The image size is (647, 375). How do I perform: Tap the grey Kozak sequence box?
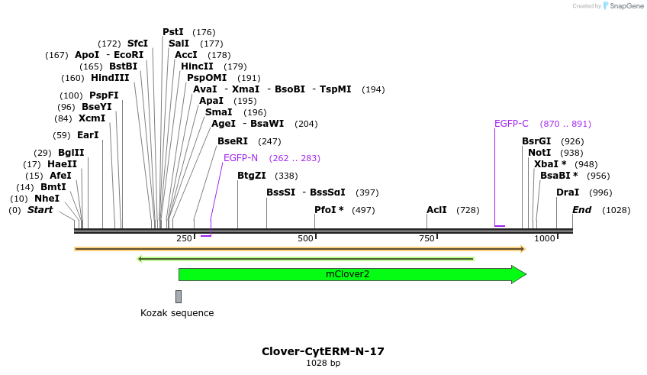(179, 296)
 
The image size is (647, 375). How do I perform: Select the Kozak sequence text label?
(177, 313)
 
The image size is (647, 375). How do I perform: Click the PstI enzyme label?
(173, 32)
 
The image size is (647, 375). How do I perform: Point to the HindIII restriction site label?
(110, 78)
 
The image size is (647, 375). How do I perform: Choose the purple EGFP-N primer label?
(240, 158)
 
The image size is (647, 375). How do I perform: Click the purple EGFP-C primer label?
(511, 124)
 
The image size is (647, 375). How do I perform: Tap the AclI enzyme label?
(436, 209)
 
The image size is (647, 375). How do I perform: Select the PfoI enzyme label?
(329, 209)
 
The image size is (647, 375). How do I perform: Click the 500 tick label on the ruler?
(306, 239)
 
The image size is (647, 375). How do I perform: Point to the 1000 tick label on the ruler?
(545, 239)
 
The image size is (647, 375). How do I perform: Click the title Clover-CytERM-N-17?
(323, 351)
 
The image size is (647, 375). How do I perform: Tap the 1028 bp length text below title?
(323, 363)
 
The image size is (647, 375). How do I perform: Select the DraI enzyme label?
(568, 192)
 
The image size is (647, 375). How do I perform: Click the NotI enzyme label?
(539, 153)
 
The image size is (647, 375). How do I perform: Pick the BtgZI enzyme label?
(251, 176)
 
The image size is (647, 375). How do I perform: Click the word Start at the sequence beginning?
(40, 209)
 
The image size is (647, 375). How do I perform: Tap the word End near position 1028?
(581, 209)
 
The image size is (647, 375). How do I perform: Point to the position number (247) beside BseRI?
(269, 141)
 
